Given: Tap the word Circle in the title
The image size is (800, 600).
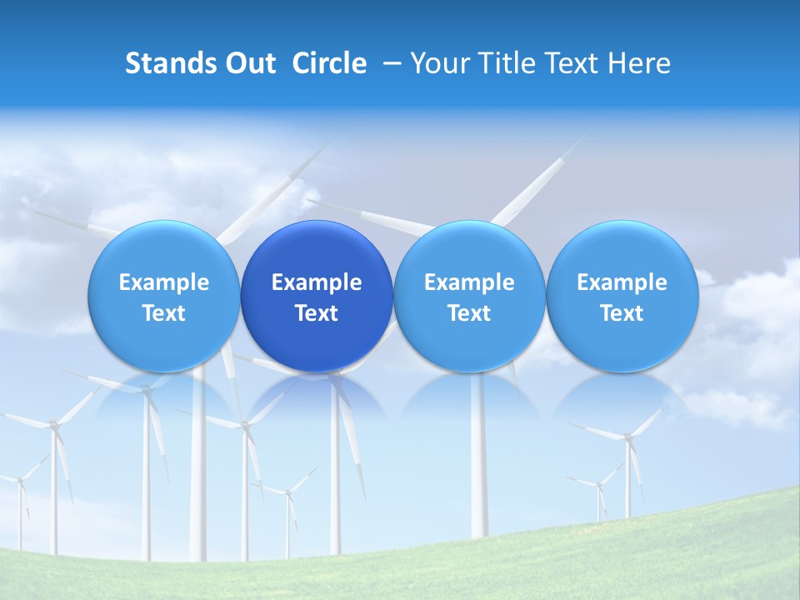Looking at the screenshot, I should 329,63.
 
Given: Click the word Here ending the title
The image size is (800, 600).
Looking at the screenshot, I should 641,63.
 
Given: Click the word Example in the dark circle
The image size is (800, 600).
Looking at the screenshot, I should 317,282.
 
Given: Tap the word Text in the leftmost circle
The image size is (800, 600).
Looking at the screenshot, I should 164,313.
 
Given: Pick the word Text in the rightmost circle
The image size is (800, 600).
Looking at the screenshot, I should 622,313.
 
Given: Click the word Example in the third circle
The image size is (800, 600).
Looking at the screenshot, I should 469,282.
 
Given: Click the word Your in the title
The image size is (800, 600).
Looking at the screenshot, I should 438,63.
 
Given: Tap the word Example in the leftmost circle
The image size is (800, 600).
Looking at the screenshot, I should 164,282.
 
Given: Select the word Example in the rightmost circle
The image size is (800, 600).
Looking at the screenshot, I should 622,282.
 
